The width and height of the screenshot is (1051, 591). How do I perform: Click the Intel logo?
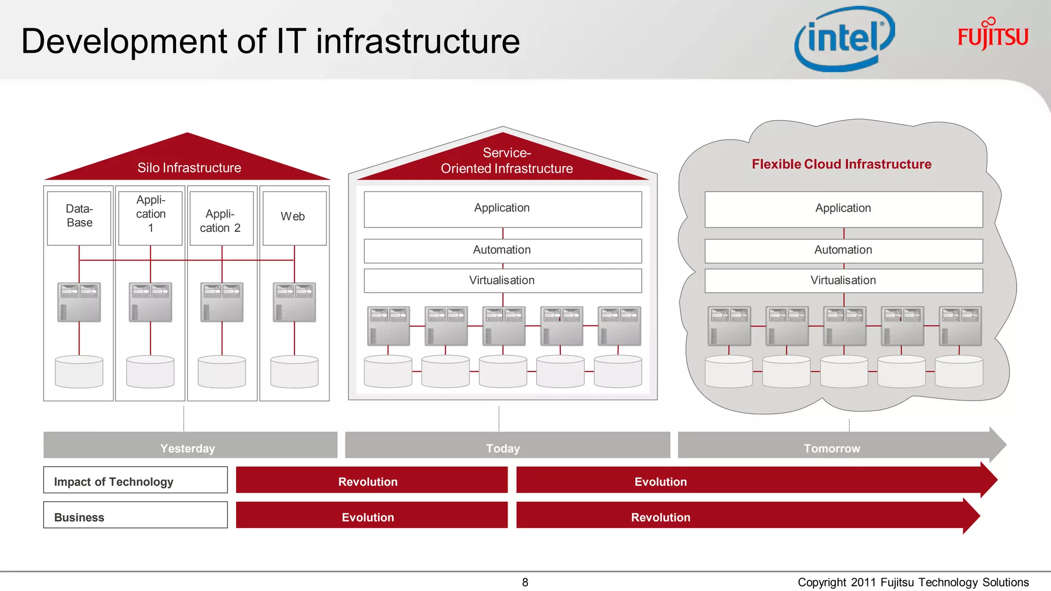[844, 39]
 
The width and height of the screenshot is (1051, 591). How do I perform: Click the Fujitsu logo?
[992, 35]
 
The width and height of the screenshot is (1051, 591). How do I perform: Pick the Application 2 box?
[221, 219]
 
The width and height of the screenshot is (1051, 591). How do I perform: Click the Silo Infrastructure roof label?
[189, 168]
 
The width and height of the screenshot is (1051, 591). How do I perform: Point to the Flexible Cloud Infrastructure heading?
[841, 164]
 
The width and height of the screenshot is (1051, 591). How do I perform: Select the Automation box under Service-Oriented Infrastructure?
[502, 250]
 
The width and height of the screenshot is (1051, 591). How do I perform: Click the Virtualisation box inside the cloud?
[843, 281]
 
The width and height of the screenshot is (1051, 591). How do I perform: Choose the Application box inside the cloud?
[843, 209]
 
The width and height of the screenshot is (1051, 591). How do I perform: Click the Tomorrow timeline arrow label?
[832, 448]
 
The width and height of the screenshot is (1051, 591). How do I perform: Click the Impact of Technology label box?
[135, 480]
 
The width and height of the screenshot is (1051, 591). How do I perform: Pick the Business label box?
[135, 515]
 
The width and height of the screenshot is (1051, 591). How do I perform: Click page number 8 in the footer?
[525, 582]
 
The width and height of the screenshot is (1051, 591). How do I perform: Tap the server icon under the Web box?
[294, 302]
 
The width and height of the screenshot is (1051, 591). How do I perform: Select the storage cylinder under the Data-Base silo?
[79, 371]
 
